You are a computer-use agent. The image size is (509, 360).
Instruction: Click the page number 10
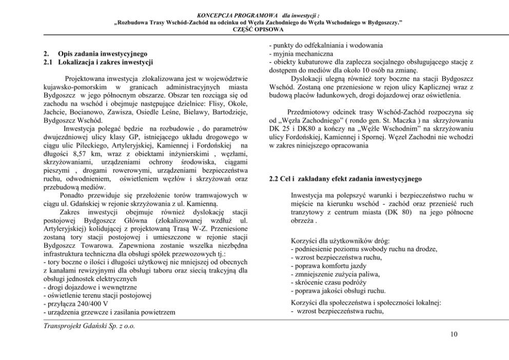coord(453,335)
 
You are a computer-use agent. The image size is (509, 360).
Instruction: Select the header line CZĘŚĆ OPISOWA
coord(254,30)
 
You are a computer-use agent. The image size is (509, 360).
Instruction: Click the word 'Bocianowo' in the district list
coord(84,104)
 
